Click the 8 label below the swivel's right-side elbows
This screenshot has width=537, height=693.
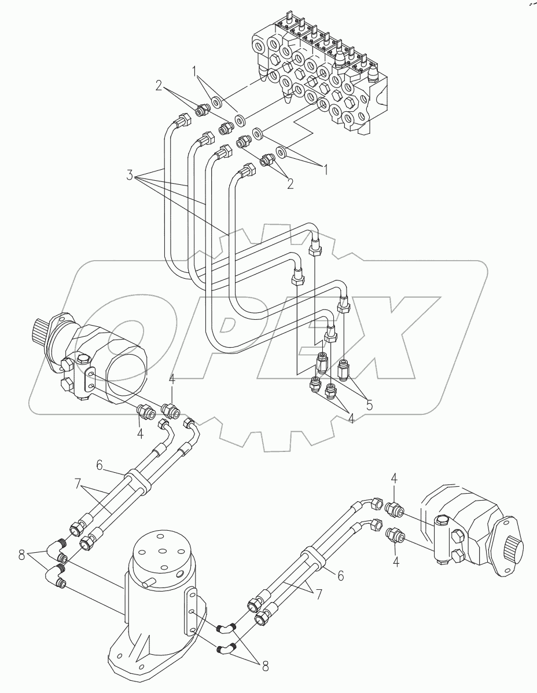click(x=266, y=667)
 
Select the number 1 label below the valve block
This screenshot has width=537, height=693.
click(x=326, y=169)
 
